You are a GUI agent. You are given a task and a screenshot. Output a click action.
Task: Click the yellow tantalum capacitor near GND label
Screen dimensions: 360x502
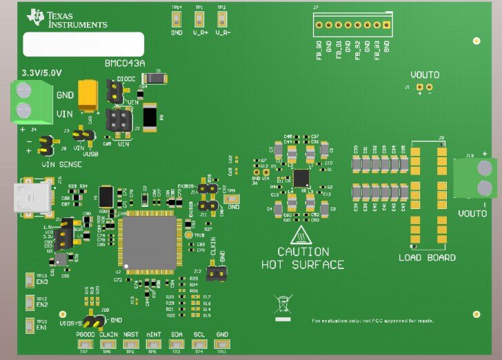(x=90, y=94)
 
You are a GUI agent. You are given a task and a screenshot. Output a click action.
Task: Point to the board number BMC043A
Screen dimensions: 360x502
(x=124, y=63)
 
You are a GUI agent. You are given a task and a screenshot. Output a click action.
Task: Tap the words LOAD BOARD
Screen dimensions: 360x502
(x=426, y=258)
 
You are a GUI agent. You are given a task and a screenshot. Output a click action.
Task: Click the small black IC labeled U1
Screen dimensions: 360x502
(x=301, y=178)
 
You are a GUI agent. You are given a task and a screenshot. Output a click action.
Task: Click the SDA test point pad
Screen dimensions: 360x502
(x=177, y=343)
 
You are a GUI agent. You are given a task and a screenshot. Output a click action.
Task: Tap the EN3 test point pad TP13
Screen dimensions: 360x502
(x=30, y=279)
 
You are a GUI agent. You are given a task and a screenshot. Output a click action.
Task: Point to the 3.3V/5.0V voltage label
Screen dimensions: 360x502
(x=42, y=72)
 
